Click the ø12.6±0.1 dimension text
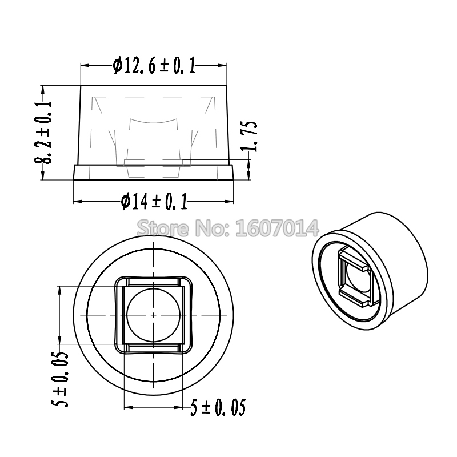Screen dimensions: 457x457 click(154, 66)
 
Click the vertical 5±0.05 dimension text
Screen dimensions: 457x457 click(62, 379)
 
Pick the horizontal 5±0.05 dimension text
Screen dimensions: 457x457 click(219, 408)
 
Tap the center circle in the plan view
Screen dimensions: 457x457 click(154, 315)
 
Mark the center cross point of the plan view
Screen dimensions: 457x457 click(154, 315)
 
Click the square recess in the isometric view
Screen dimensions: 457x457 click(354, 276)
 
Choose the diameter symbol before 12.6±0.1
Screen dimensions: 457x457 click(117, 66)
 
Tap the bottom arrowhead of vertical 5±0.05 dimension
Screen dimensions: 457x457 click(60, 341)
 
